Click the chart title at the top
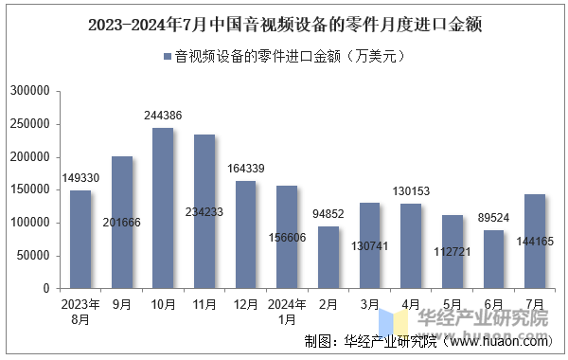tap(284, 26)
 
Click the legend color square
tap(168, 57)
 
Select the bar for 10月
tap(163, 207)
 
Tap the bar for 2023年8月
tap(80, 239)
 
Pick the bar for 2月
tap(328, 257)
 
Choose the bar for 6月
tap(493, 259)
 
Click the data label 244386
tap(163, 116)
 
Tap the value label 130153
tap(411, 191)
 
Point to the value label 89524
tap(493, 218)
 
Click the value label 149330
tap(80, 178)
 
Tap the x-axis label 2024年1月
tap(287, 313)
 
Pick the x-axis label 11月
tap(204, 306)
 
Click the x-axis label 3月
tap(369, 306)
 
